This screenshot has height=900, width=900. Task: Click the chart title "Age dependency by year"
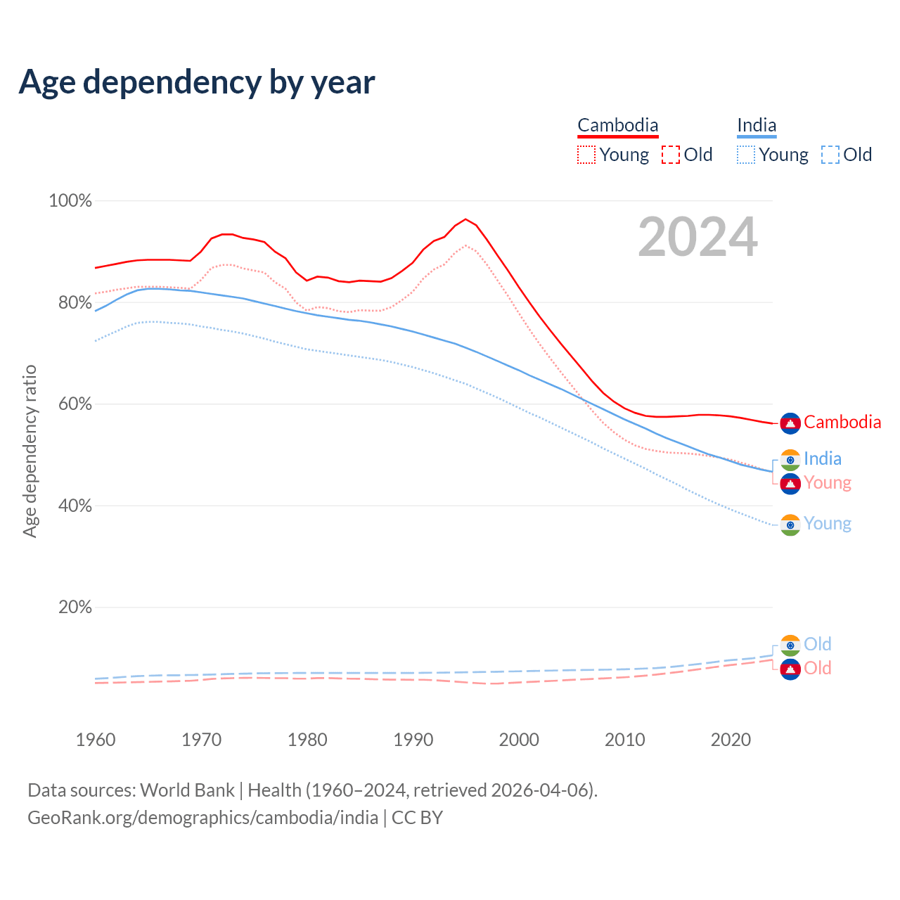(197, 82)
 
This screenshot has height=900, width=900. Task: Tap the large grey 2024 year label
(697, 237)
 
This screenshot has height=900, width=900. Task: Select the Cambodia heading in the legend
(618, 125)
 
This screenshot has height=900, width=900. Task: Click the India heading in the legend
(757, 125)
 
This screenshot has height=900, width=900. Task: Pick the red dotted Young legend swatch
(586, 155)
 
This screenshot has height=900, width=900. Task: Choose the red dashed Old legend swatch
(671, 155)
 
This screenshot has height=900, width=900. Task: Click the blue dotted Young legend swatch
(746, 155)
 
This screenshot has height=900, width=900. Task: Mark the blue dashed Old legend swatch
(830, 155)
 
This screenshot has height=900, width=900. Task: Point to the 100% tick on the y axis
(70, 201)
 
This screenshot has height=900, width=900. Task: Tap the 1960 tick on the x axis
(96, 740)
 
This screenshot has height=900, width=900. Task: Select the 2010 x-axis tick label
(625, 740)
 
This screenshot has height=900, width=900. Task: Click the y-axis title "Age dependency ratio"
(30, 451)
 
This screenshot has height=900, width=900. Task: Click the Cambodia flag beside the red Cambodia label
(790, 423)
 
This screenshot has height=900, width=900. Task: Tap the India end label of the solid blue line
(823, 459)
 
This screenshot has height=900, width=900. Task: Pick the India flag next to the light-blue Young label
(790, 525)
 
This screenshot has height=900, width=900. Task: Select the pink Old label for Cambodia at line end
(818, 668)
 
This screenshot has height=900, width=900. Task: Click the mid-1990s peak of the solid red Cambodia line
(465, 219)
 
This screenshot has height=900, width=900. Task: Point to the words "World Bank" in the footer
(188, 790)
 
